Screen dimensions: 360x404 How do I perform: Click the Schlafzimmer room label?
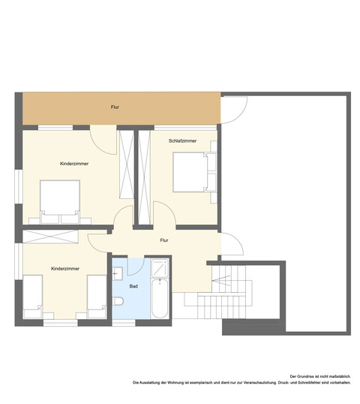[182, 140]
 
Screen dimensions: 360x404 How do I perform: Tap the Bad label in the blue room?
[133, 286]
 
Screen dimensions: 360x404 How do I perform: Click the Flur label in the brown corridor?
[115, 107]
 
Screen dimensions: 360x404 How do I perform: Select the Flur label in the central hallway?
[164, 240]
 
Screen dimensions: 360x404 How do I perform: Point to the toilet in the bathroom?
[118, 300]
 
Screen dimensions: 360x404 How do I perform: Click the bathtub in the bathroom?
[160, 298]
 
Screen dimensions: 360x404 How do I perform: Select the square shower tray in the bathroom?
[160, 268]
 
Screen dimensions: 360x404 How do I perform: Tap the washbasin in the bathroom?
[117, 273]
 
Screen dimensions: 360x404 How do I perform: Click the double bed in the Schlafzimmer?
[195, 172]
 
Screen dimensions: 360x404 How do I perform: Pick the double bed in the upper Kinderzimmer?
[60, 202]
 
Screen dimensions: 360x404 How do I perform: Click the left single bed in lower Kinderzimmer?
[33, 297]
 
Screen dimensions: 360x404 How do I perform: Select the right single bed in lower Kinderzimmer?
[97, 297]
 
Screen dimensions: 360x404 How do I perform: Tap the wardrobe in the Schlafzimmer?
[144, 177]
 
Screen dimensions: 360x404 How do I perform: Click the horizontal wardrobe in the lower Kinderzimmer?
[50, 237]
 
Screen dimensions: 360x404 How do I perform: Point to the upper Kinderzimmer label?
[74, 164]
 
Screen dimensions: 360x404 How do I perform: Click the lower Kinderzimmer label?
[65, 269]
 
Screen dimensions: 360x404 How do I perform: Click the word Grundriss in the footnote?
[307, 376]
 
